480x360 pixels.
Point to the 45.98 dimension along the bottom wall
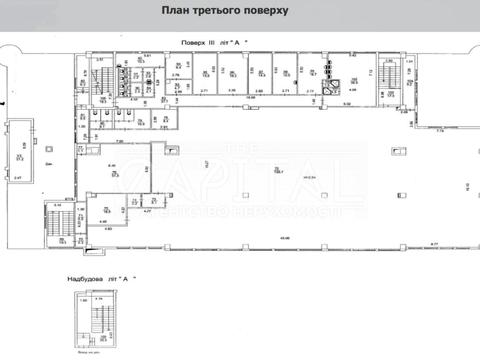[285, 238]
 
